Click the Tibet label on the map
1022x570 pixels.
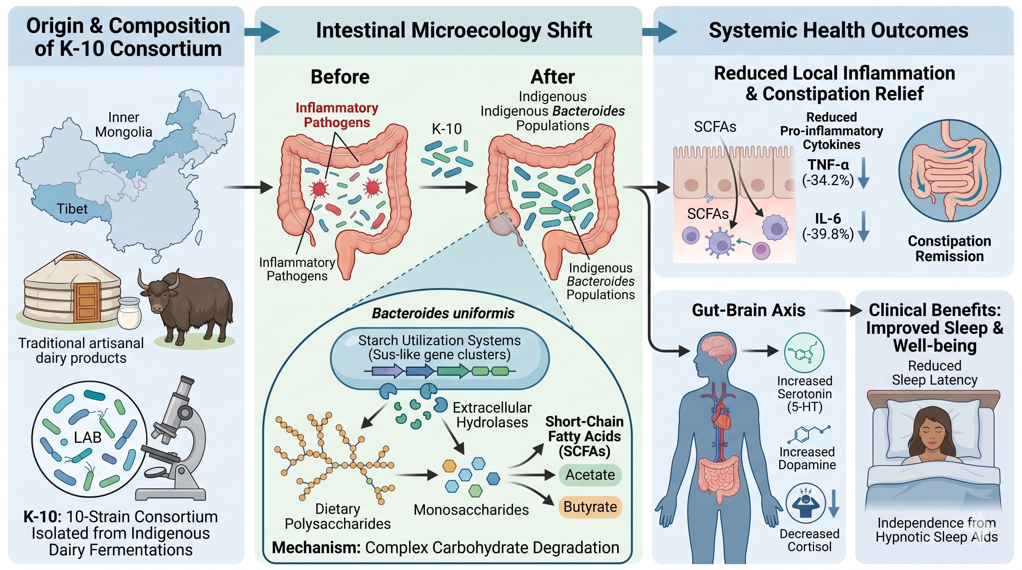(x=72, y=209)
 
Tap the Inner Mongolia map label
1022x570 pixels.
(x=123, y=124)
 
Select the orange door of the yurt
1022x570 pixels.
(x=87, y=302)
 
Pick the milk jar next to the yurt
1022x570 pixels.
(x=129, y=313)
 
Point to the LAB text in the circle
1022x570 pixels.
(x=88, y=437)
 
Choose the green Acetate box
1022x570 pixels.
(x=590, y=475)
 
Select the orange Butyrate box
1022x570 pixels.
(x=590, y=507)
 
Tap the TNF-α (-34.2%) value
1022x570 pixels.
(x=828, y=173)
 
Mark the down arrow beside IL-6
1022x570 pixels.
(x=863, y=226)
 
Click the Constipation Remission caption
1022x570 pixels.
(x=949, y=248)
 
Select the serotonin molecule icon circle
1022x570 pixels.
(x=804, y=353)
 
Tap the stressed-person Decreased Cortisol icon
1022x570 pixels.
(x=806, y=502)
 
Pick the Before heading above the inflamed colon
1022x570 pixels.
(x=340, y=76)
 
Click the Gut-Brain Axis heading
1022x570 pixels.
(x=749, y=310)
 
